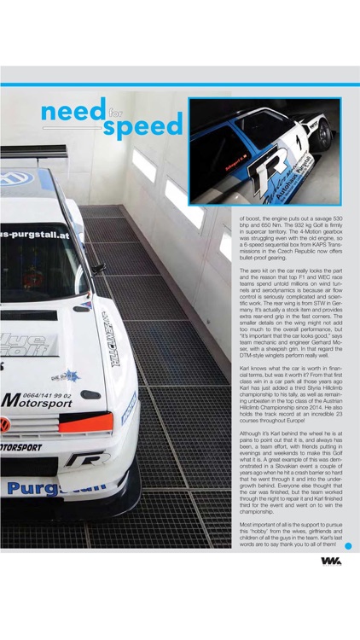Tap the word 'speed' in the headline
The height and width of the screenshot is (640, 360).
pyautogui.click(x=142, y=126)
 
